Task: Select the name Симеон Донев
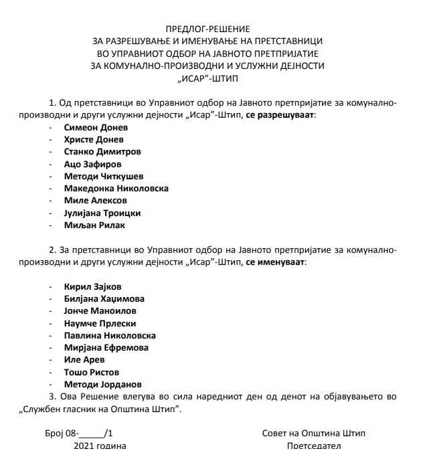pyautogui.click(x=95, y=126)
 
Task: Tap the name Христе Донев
pyautogui.click(x=94, y=139)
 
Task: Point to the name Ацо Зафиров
pyautogui.click(x=93, y=164)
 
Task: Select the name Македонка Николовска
pyautogui.click(x=116, y=188)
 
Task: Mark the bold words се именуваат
pyautogui.click(x=275, y=262)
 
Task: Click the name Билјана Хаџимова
pyautogui.click(x=104, y=299)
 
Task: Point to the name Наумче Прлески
pyautogui.click(x=100, y=323)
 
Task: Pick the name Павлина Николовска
pyautogui.click(x=110, y=335)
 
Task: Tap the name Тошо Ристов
pyautogui.click(x=92, y=372)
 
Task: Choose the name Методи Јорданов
pyautogui.click(x=103, y=385)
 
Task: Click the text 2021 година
pyautogui.click(x=96, y=446)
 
